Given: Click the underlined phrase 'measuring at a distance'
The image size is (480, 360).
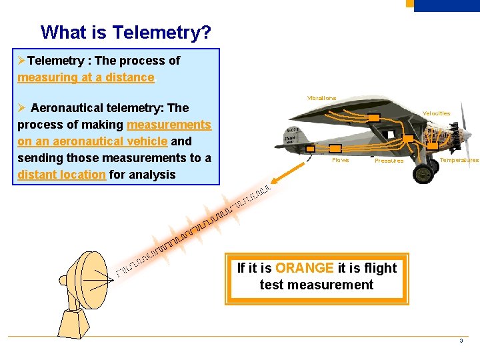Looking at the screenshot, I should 85,77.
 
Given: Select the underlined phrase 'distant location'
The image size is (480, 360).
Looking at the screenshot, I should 61,175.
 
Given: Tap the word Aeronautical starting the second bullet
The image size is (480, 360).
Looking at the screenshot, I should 67,108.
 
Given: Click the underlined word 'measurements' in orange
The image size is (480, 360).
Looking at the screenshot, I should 169,125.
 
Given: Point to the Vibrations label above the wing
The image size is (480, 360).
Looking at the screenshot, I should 321,98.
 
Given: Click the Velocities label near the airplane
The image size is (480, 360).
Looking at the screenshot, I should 436,113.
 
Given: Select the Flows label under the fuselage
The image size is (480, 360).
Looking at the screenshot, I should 340,160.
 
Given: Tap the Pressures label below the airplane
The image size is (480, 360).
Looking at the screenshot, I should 389,161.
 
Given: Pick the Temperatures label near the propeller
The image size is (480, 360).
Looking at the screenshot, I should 459,160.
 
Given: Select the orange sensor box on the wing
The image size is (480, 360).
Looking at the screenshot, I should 375,117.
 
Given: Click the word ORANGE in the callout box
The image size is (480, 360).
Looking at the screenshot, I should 304,268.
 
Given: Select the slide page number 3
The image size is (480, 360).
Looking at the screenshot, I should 461,341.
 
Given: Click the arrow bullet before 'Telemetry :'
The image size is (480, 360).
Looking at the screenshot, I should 22,61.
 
